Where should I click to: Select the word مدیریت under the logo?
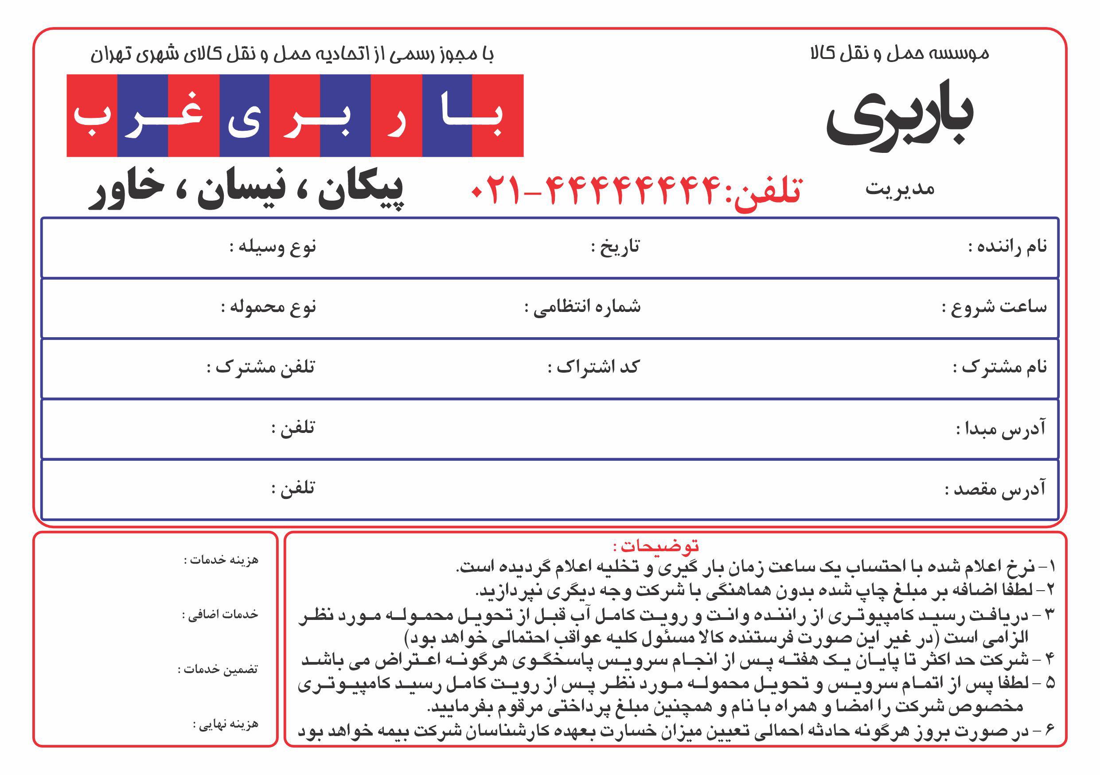click(x=900, y=189)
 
